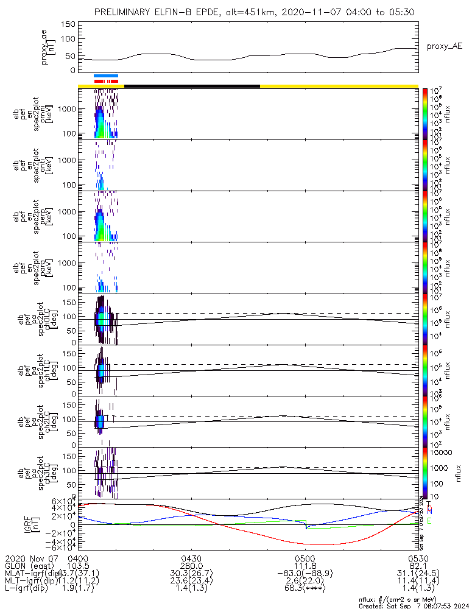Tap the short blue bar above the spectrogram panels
[x=106, y=76]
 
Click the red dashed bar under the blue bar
[x=106, y=80]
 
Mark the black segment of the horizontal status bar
[x=192, y=86]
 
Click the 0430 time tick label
[x=191, y=558]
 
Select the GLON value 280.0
[x=191, y=566]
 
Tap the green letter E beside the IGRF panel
[x=429, y=521]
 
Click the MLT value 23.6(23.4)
[x=191, y=583]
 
